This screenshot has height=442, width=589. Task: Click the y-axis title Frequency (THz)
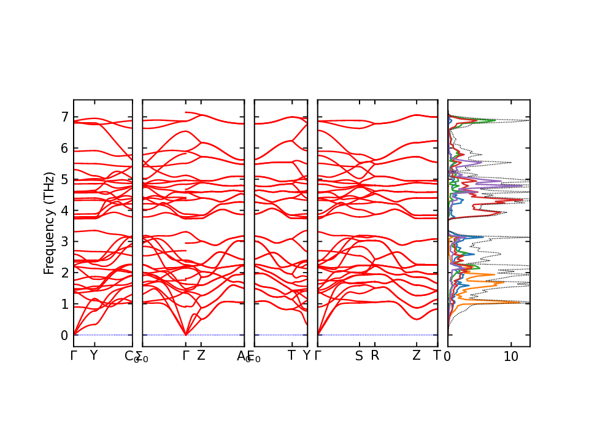(x=50, y=223)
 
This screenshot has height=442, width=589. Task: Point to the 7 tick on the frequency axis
(x=64, y=117)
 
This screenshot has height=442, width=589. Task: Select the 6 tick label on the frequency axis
(x=64, y=148)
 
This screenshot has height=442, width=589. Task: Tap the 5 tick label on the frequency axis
(x=64, y=179)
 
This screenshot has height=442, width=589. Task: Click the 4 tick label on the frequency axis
(x=64, y=211)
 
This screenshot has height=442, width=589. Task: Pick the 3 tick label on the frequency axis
(x=64, y=242)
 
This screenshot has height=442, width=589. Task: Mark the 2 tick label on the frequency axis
(x=64, y=273)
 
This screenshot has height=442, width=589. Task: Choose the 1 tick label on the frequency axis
(x=64, y=304)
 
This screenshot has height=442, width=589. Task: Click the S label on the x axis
(x=359, y=355)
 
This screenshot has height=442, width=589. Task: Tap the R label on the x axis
(x=375, y=355)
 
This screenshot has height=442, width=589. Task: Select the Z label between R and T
(x=417, y=355)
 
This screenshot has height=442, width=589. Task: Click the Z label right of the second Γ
(x=201, y=355)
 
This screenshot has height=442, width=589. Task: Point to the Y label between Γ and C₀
(x=93, y=355)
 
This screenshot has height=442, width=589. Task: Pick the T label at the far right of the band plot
(x=437, y=355)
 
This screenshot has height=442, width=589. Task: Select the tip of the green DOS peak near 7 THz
(x=495, y=120)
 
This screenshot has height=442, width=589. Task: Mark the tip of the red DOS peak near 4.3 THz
(x=522, y=200)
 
